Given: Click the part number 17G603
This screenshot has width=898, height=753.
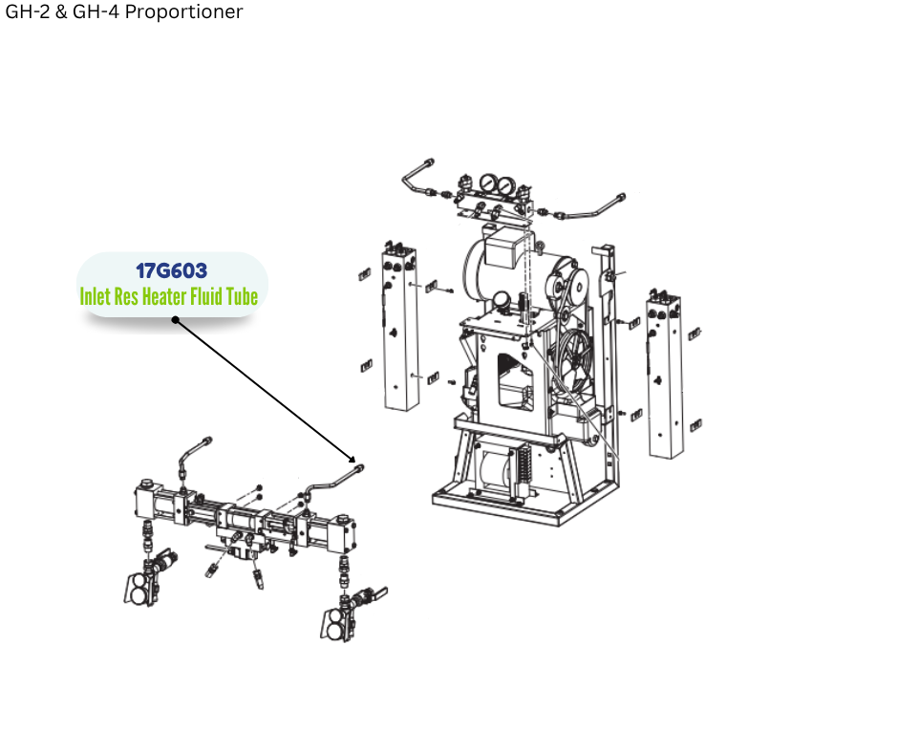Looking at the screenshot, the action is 171,270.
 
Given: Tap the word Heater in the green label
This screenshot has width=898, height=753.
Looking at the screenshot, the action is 163,297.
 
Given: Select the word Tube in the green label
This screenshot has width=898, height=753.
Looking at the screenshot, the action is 242,297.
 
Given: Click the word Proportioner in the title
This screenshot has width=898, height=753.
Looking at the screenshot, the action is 183,11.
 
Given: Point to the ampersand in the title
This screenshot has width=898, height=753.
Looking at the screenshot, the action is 61,11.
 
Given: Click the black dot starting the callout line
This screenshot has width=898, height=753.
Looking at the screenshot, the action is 176,320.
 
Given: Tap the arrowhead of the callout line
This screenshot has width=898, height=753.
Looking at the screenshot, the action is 352,459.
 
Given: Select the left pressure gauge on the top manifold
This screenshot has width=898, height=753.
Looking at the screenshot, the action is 488,183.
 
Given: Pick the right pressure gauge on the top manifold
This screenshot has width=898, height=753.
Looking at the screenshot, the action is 505,185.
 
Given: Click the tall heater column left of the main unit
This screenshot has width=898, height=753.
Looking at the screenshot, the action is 399,328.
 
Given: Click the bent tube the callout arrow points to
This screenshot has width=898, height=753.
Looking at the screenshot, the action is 335,481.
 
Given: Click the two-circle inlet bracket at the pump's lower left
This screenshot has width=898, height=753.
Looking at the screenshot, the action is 139,589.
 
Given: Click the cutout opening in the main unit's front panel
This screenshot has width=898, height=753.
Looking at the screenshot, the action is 515,382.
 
